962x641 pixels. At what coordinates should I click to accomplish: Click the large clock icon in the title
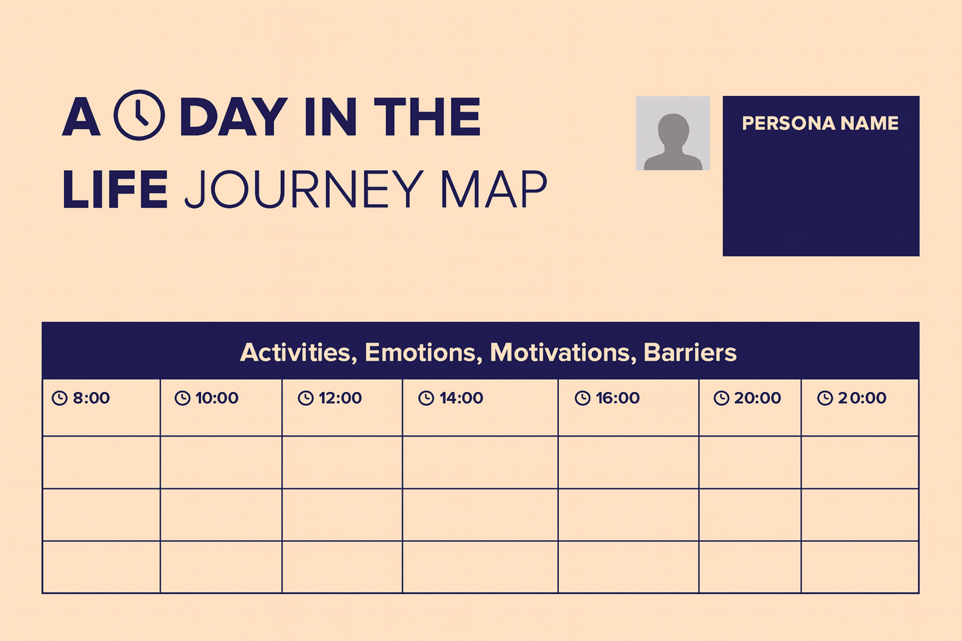click(x=139, y=115)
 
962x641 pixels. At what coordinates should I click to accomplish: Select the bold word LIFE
click(x=115, y=189)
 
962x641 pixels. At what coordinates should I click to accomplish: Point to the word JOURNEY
click(x=304, y=189)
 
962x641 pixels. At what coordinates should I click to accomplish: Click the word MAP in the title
click(x=494, y=189)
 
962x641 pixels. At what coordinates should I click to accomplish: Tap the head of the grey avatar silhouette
click(x=673, y=129)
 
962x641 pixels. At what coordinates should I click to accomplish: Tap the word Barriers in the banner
click(x=690, y=352)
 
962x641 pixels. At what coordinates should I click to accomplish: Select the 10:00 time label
click(x=217, y=398)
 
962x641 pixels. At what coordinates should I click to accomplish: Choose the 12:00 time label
click(x=340, y=398)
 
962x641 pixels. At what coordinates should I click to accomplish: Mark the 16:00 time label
click(x=618, y=398)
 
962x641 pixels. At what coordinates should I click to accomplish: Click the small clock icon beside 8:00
click(x=60, y=398)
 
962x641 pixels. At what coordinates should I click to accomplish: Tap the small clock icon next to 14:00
click(x=426, y=398)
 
